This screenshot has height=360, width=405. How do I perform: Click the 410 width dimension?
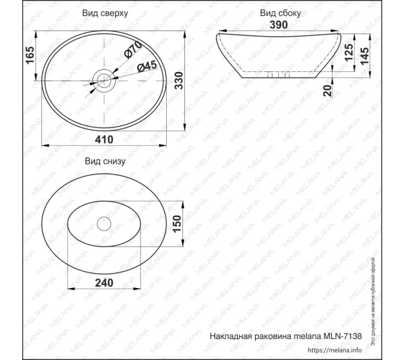pyautogui.click(x=104, y=139)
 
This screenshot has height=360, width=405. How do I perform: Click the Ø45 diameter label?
pyautogui.click(x=146, y=67)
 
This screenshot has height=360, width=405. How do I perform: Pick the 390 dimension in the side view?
pyautogui.click(x=278, y=25)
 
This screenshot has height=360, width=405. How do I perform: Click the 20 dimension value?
pyautogui.click(x=327, y=91)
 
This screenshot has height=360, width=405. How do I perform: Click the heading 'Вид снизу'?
pyautogui.click(x=104, y=161)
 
